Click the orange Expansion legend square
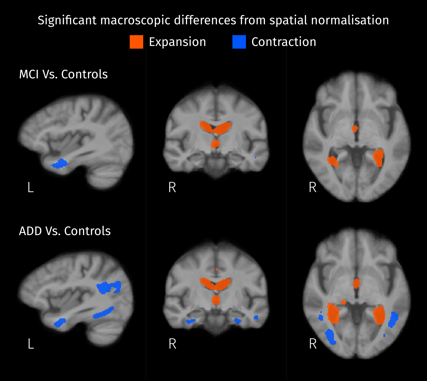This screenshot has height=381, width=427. (x=136, y=42)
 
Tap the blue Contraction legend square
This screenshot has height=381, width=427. (x=239, y=42)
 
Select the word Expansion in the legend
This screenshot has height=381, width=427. (x=177, y=42)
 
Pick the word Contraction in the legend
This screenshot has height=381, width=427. (x=284, y=42)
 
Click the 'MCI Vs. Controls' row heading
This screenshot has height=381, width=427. (x=64, y=74)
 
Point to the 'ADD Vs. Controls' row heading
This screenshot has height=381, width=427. (x=65, y=231)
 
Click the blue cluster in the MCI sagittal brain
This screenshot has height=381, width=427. (x=60, y=164)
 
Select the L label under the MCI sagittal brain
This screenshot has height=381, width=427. (x=31, y=187)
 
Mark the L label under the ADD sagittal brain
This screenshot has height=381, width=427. (x=31, y=344)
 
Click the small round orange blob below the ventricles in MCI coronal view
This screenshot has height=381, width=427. (x=215, y=144)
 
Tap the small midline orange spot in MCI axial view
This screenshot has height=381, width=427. (x=355, y=128)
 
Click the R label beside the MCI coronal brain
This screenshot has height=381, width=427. (x=172, y=187)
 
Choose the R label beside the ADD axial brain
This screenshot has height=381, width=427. (x=313, y=344)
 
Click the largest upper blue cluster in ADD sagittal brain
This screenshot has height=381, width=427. (x=108, y=287)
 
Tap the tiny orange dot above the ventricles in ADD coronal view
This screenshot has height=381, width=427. (x=217, y=269)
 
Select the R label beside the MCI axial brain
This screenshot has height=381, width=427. (x=313, y=187)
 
